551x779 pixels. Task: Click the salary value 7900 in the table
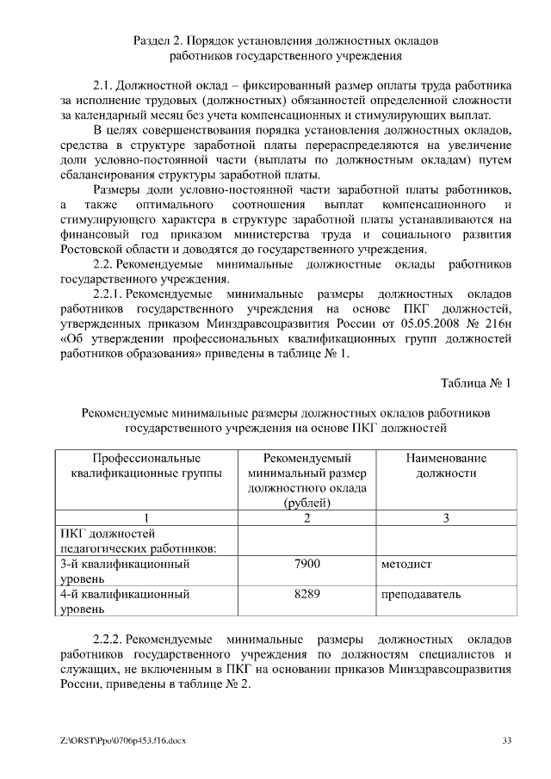[x=306, y=564]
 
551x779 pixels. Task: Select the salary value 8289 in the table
[x=306, y=594]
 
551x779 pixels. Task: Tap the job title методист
[x=406, y=564]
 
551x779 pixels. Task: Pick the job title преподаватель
[x=420, y=594]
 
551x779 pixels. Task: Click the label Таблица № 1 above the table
[x=476, y=382]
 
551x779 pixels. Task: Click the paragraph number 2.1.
[x=104, y=87]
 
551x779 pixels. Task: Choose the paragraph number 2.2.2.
[x=110, y=640]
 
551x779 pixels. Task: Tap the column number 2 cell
[x=306, y=517]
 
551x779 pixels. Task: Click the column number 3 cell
[x=445, y=517]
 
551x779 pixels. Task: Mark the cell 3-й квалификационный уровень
[x=125, y=572]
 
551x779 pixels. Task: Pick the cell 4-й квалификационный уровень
[x=125, y=602]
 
